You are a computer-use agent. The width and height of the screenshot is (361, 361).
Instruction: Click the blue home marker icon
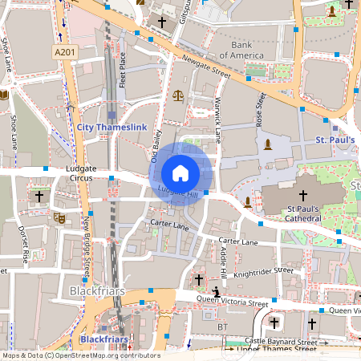(x=180, y=173)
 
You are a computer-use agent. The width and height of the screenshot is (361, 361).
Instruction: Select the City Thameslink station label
(x=110, y=127)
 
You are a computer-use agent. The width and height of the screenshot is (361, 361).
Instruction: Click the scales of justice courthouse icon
(x=177, y=95)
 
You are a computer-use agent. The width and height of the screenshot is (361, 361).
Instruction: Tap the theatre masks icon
(x=59, y=217)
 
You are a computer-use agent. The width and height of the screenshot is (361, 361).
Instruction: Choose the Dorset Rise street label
(x=25, y=245)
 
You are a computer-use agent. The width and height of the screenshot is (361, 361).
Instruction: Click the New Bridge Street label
(x=86, y=245)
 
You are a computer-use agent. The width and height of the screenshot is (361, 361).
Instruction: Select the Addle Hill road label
(x=223, y=261)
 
